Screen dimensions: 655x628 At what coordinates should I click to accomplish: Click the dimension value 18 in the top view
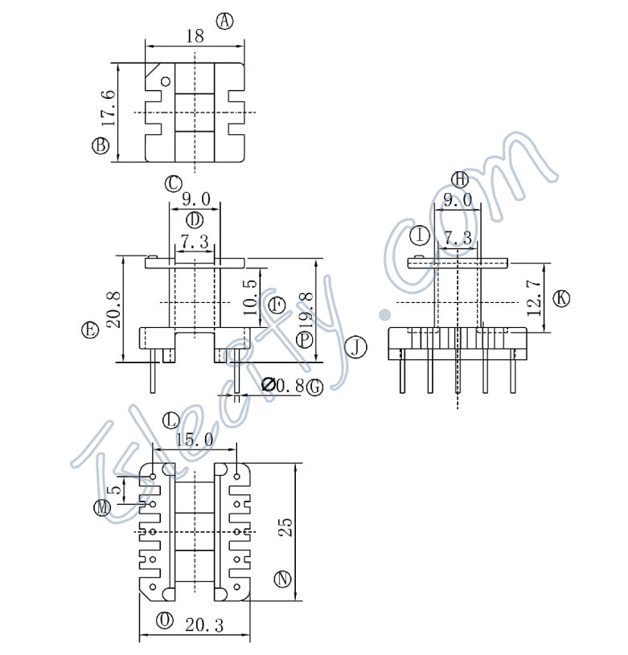[195, 35]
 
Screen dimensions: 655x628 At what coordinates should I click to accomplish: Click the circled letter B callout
[101, 145]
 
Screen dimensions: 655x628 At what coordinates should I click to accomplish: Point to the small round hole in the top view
[166, 80]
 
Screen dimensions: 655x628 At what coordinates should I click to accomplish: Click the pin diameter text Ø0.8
[282, 386]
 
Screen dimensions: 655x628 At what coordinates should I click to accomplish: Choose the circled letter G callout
[314, 387]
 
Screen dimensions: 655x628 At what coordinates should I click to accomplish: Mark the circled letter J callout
[355, 347]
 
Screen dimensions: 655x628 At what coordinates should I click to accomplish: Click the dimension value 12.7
[533, 299]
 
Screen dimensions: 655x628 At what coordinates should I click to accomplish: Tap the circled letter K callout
[561, 298]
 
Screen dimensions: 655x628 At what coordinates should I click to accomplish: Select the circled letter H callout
[458, 178]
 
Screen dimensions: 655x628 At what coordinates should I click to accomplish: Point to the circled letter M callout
[102, 508]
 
